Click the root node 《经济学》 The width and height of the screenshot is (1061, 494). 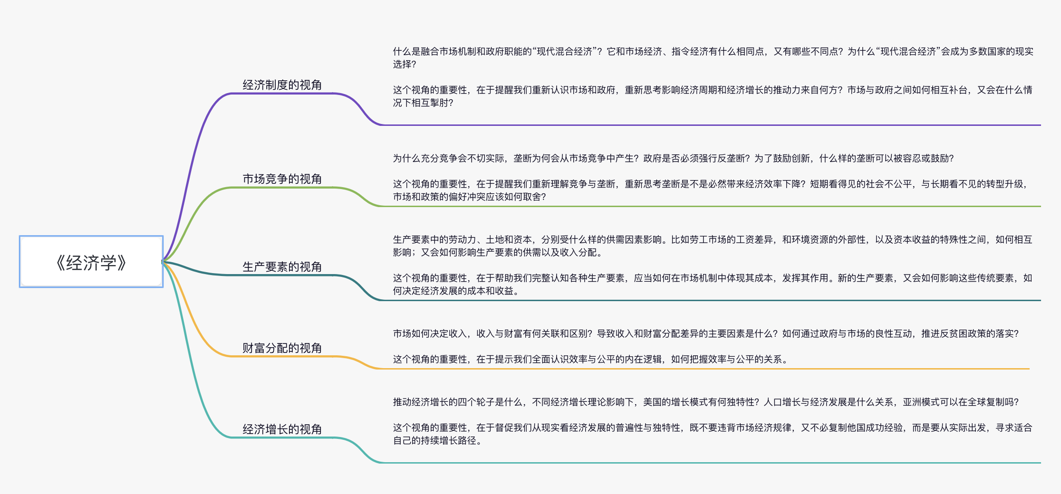91,262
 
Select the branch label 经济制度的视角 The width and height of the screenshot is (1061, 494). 282,85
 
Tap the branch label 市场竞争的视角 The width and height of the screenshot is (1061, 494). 282,179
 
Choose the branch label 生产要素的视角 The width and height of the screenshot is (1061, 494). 282,267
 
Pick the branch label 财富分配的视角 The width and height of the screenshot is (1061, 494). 282,348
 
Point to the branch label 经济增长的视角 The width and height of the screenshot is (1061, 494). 282,429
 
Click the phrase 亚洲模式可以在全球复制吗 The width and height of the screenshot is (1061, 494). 960,402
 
